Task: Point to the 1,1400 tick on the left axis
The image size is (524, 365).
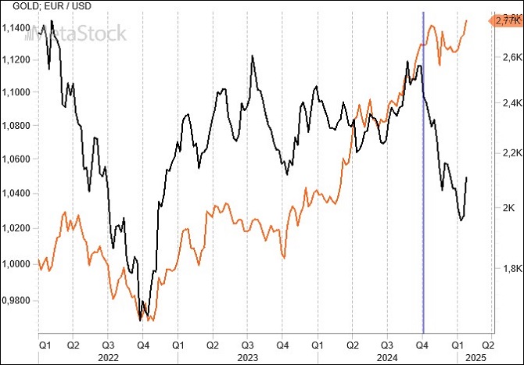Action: tap(16, 28)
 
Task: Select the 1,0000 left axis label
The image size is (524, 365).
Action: tap(16, 263)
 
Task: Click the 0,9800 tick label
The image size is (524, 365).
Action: tap(16, 299)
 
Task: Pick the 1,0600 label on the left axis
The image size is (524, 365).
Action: tap(16, 159)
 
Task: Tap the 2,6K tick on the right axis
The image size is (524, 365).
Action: tap(512, 58)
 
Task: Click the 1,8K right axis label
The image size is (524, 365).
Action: tap(512, 269)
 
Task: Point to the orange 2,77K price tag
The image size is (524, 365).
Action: tap(505, 22)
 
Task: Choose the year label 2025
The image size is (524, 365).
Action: tap(473, 356)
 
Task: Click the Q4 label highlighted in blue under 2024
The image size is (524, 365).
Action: tap(422, 344)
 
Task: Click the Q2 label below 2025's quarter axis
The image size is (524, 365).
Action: tap(486, 344)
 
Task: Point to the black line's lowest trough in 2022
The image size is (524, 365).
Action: tap(140, 320)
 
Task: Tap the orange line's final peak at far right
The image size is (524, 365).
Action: tap(467, 21)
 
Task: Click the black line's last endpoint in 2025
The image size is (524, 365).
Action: tap(467, 177)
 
